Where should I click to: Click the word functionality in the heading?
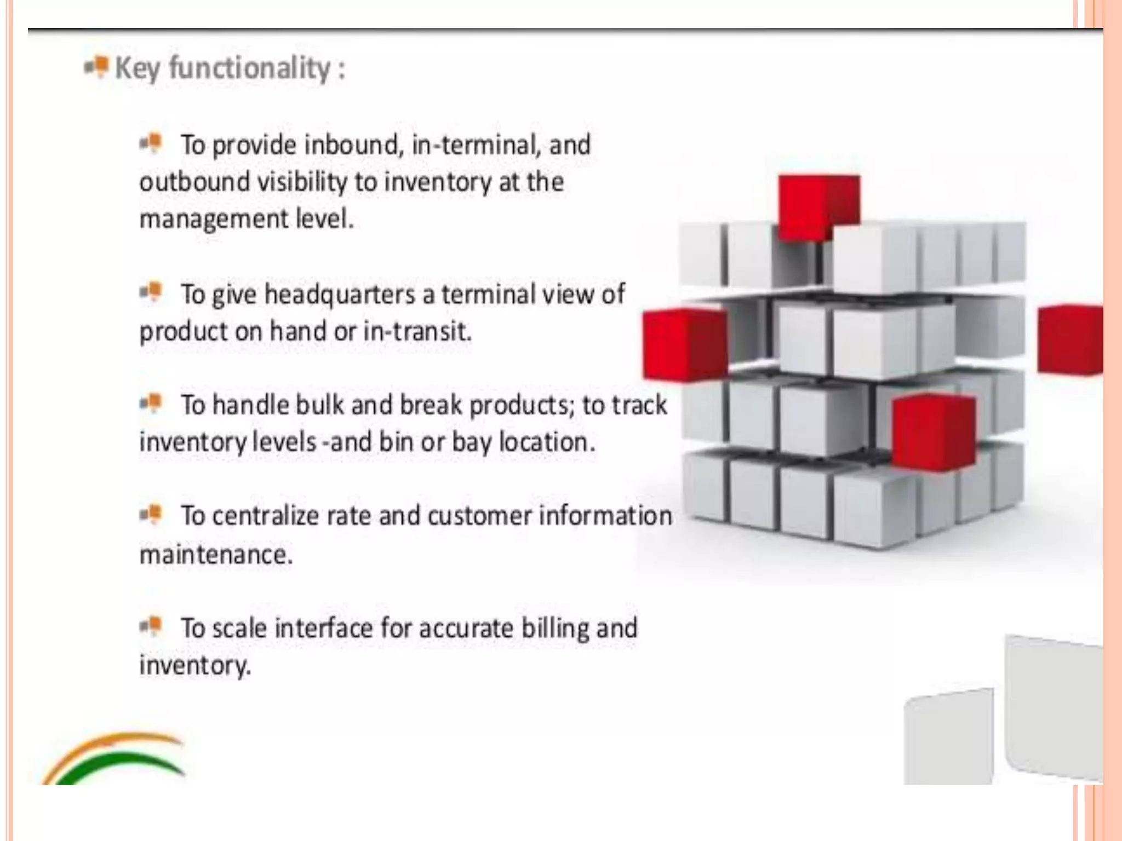click(249, 68)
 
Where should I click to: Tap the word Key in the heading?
click(138, 69)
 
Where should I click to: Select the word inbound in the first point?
click(354, 145)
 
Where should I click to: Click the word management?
click(214, 220)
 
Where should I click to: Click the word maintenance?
click(216, 555)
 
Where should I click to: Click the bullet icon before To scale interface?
click(151, 625)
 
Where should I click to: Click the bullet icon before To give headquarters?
click(151, 291)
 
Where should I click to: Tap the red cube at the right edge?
click(1070, 340)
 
